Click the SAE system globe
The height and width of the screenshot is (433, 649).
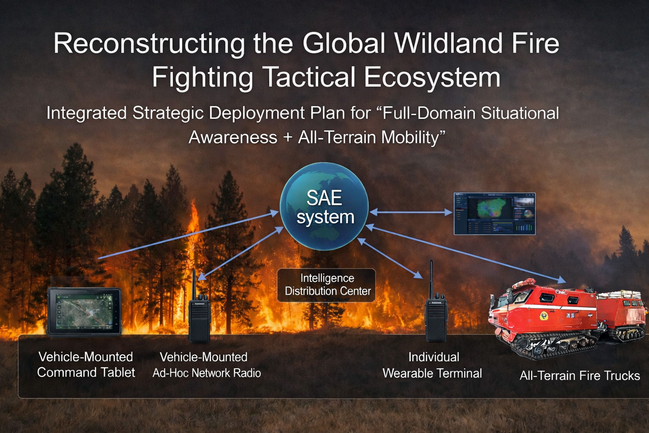(x=324, y=206)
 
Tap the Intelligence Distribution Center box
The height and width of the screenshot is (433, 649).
(x=327, y=285)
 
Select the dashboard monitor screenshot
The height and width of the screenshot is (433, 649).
(x=495, y=214)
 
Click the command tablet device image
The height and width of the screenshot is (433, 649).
(x=84, y=311)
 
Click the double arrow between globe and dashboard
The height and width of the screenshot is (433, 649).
(x=411, y=212)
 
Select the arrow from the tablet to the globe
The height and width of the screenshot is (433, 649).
(x=188, y=235)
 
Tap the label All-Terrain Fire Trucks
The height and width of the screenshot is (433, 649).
(x=580, y=375)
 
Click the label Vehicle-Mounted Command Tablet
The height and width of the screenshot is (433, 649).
(x=86, y=364)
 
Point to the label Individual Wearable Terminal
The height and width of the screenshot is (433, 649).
(x=432, y=365)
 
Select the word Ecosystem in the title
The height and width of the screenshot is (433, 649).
(x=432, y=77)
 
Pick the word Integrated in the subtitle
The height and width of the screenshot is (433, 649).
(x=87, y=113)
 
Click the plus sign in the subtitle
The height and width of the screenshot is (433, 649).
(x=288, y=137)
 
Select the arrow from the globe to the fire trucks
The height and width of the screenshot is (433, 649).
(x=466, y=254)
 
